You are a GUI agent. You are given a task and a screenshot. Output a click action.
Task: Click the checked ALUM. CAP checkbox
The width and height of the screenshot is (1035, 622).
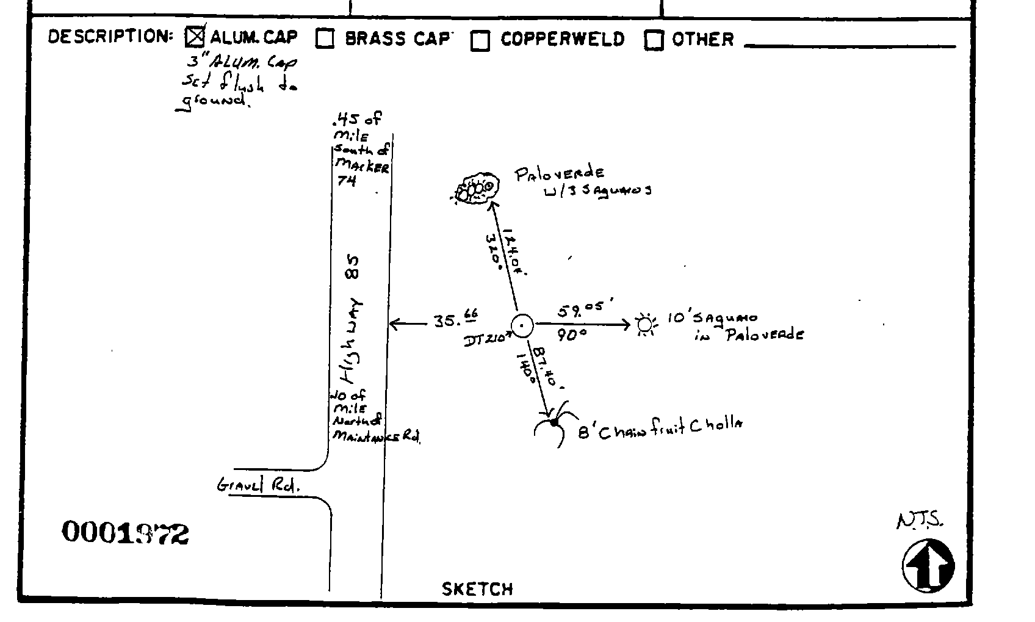click(195, 38)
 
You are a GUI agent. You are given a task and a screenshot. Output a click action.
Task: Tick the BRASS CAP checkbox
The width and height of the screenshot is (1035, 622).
click(325, 38)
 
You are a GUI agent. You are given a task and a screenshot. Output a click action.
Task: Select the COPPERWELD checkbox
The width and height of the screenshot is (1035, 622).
click(480, 40)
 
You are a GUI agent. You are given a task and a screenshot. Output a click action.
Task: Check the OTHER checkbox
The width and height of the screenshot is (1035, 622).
click(654, 40)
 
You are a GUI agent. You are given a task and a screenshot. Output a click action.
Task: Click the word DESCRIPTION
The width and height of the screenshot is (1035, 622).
click(110, 37)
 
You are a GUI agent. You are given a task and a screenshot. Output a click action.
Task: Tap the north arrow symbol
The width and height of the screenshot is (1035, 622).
click(928, 565)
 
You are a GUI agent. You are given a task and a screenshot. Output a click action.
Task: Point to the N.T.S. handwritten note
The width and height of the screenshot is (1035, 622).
click(920, 521)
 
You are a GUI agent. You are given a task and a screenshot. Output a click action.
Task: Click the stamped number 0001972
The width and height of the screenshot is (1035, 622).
click(125, 533)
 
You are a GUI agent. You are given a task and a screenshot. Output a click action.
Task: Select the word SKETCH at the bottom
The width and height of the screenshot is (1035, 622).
click(477, 589)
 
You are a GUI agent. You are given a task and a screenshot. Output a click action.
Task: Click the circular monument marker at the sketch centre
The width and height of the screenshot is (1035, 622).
click(522, 326)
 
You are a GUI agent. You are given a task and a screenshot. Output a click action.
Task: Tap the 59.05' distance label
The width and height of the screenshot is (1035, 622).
click(580, 310)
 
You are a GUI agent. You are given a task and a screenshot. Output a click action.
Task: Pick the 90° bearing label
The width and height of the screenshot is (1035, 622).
click(572, 335)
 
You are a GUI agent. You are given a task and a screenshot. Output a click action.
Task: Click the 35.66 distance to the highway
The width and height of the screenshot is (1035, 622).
click(455, 319)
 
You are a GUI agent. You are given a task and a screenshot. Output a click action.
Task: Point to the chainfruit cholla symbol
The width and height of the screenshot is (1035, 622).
click(554, 422)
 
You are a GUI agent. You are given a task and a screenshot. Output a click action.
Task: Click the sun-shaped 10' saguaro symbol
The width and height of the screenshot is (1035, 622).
click(644, 325)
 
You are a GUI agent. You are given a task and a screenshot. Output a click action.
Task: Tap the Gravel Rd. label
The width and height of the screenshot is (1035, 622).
click(258, 486)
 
